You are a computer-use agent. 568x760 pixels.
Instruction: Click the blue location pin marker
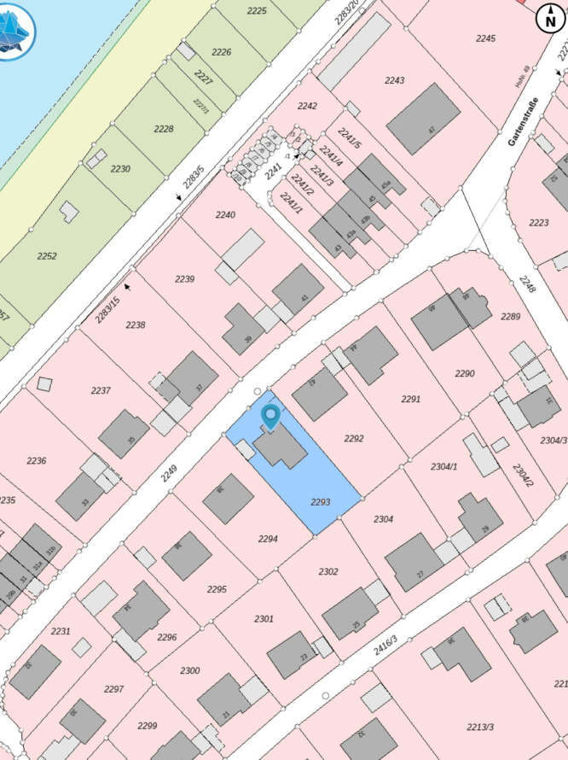(x=271, y=416)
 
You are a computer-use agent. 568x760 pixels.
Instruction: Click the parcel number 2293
(x=320, y=503)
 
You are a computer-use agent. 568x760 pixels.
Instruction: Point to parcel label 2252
(x=47, y=256)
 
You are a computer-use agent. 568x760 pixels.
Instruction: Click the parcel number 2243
(x=394, y=80)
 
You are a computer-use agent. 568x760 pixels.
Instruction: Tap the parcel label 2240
(x=225, y=215)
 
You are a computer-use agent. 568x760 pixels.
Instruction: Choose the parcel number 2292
(x=353, y=438)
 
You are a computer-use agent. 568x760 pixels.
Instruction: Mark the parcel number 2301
(x=264, y=618)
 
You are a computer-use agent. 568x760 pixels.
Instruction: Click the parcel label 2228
(x=164, y=129)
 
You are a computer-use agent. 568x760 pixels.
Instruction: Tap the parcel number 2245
(x=485, y=38)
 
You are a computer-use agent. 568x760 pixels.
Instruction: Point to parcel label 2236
(x=36, y=460)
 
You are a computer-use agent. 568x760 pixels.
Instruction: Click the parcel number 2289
(x=510, y=317)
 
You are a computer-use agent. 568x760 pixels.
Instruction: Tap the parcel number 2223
(x=538, y=223)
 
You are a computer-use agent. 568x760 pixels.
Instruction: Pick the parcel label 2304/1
(x=444, y=466)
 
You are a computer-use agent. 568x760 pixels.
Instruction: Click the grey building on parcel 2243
(x=423, y=119)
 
